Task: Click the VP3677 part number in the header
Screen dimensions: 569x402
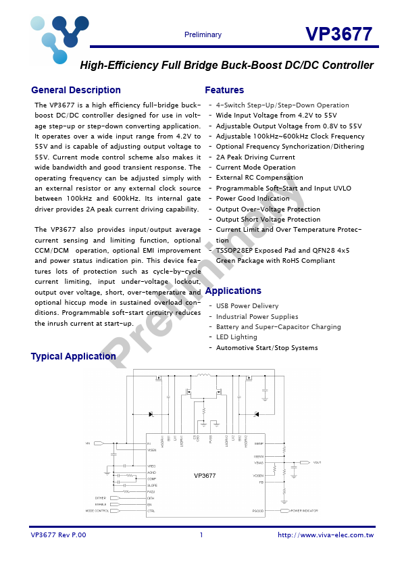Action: pyautogui.click(x=338, y=34)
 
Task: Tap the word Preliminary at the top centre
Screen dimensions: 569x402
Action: pyautogui.click(x=203, y=35)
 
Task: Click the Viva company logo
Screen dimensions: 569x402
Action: pyautogui.click(x=58, y=38)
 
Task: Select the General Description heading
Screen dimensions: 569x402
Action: pyautogui.click(x=76, y=91)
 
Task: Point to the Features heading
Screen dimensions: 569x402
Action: pyautogui.click(x=224, y=91)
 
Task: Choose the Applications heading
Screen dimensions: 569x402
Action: pyautogui.click(x=232, y=291)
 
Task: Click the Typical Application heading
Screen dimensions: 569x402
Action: pyautogui.click(x=73, y=357)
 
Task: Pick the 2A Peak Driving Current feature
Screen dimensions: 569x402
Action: pyautogui.click(x=255, y=157)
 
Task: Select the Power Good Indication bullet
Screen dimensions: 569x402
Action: pyautogui.click(x=253, y=199)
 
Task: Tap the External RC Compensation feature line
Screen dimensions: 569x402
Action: pyautogui.click(x=259, y=178)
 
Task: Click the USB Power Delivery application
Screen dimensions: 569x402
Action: pyautogui.click(x=247, y=306)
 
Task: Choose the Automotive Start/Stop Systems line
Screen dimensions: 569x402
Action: pyautogui.click(x=267, y=348)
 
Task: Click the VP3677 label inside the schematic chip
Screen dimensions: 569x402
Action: pyautogui.click(x=205, y=476)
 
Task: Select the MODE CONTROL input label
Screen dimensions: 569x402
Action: pyautogui.click(x=97, y=511)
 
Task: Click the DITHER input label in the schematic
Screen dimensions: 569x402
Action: pyautogui.click(x=100, y=498)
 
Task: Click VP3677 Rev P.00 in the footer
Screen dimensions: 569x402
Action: pyautogui.click(x=59, y=535)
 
